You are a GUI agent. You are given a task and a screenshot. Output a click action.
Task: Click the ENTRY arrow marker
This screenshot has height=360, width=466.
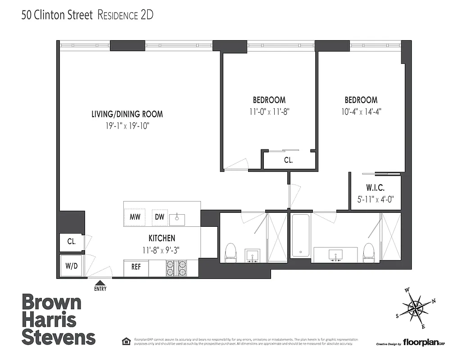point(100,283)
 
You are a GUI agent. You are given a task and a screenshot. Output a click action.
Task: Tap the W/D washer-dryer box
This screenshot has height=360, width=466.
point(72,265)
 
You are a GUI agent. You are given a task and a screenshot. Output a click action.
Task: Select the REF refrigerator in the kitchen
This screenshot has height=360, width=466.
point(136,267)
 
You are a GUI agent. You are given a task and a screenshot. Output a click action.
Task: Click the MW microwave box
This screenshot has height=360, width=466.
point(135,217)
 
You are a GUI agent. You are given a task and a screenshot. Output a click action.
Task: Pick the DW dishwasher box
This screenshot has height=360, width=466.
point(159,217)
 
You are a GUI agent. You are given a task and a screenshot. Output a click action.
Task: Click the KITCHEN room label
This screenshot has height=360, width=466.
point(162,238)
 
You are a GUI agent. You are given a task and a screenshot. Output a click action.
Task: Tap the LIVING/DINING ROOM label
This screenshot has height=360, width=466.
point(127,114)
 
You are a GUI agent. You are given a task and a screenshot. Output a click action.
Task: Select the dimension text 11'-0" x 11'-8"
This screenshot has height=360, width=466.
point(269,111)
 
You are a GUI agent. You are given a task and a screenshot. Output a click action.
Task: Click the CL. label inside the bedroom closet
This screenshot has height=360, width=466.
point(288,160)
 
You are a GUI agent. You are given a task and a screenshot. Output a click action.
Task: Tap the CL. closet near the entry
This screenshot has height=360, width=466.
point(72,241)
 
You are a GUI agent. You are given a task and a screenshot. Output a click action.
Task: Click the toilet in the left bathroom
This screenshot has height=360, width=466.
point(230,252)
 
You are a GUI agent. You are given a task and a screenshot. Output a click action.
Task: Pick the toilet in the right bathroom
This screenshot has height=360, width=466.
point(369,252)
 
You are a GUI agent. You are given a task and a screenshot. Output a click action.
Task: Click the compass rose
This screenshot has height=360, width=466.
point(416,308)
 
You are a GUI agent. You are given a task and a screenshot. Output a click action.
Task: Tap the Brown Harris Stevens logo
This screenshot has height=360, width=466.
point(59,319)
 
